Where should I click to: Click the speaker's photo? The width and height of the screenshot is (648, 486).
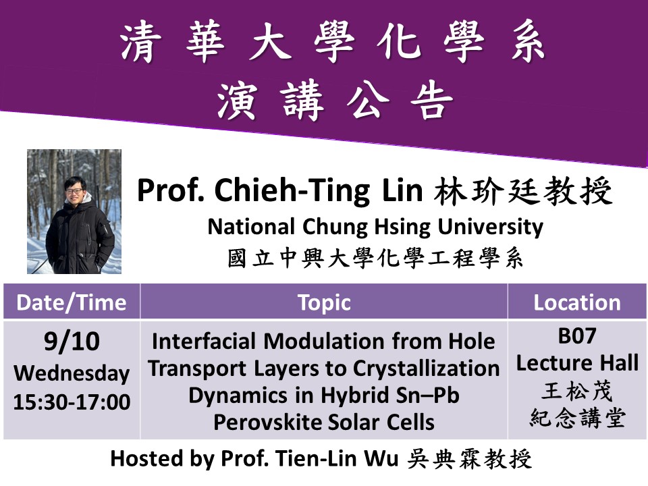point(74,211)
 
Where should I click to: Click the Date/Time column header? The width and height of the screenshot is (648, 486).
point(72,302)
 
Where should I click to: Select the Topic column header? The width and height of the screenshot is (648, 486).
point(325,303)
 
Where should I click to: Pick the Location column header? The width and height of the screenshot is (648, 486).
point(577,302)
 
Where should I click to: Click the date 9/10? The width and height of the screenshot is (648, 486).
point(72,342)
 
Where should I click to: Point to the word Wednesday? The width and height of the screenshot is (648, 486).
point(72,373)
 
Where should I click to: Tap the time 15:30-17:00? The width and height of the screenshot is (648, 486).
point(72,402)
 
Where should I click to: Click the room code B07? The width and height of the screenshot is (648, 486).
point(577,336)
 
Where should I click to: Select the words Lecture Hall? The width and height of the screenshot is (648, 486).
point(577,363)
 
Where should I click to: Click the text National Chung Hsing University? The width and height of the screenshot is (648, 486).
point(375,227)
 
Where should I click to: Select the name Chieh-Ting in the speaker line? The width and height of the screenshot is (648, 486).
point(292,190)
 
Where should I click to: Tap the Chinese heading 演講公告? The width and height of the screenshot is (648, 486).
point(335,101)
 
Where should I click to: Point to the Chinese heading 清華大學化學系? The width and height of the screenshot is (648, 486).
point(333,41)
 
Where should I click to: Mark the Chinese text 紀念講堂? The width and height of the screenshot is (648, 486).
point(577,418)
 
